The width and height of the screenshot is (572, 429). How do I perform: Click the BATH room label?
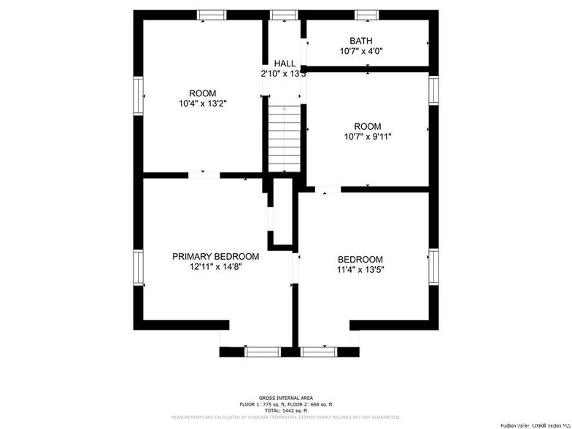tap(360, 41)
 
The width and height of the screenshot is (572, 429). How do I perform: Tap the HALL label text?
tap(285, 63)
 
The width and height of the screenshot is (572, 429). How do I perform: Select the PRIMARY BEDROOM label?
tap(215, 256)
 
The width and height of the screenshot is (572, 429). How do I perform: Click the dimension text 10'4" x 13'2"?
tap(203, 104)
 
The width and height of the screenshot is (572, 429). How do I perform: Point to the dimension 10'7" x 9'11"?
tap(367, 136)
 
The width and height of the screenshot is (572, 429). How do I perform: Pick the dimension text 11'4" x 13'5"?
tap(360, 270)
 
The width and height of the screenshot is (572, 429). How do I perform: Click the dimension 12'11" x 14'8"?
tap(215, 267)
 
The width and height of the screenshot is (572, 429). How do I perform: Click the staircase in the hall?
tap(285, 139)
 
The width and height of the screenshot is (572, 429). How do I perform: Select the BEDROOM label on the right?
tap(360, 260)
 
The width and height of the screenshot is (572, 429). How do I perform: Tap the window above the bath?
tap(367, 15)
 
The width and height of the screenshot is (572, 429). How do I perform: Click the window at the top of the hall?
tap(284, 15)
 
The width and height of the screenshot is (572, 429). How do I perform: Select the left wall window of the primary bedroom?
tap(138, 268)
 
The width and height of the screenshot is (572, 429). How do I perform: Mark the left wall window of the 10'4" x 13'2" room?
tap(138, 97)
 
